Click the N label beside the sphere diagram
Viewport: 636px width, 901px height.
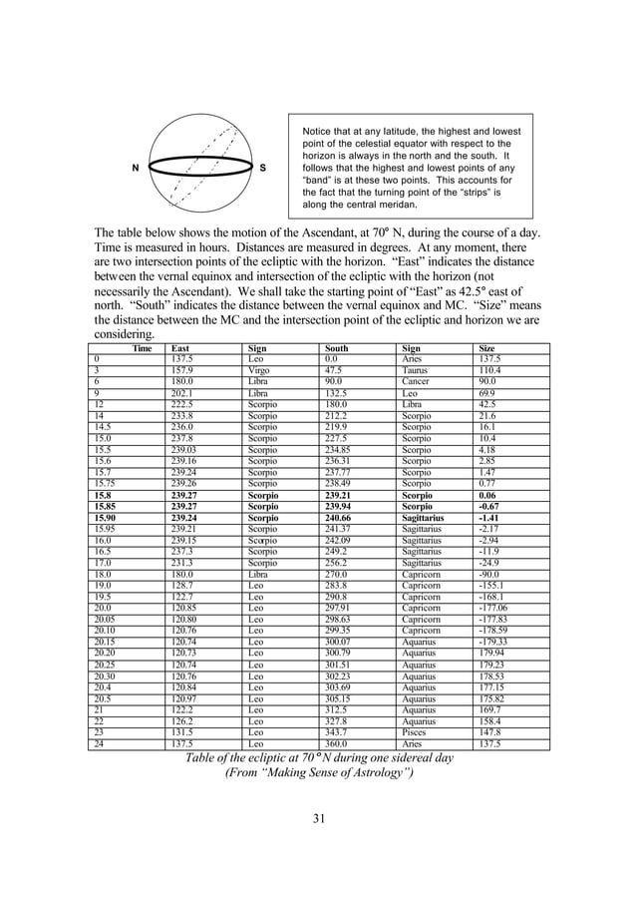pyautogui.click(x=136, y=169)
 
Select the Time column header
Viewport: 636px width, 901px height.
pyautogui.click(x=141, y=348)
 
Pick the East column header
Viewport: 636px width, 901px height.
pyautogui.click(x=180, y=348)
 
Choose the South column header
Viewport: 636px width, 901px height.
pyautogui.click(x=338, y=348)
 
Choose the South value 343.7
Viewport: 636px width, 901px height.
pyautogui.click(x=337, y=731)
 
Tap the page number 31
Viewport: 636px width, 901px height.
pyautogui.click(x=318, y=819)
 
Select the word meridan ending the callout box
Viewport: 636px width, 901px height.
pyautogui.click(x=392, y=205)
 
